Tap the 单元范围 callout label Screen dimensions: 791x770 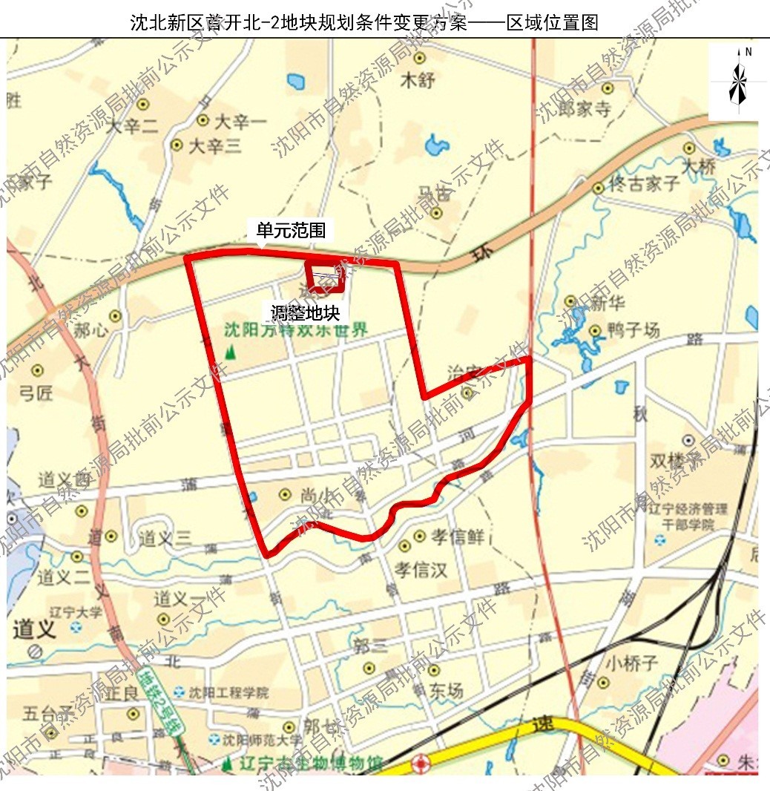tap(291, 231)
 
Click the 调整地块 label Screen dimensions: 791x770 tap(304, 312)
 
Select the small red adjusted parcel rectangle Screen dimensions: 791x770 tap(326, 276)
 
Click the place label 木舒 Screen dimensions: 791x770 tap(417, 80)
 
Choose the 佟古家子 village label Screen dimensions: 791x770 tap(644, 183)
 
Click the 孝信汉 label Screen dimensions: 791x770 tap(420, 570)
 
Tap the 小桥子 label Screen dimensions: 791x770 tap(631, 663)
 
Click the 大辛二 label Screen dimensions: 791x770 tap(132, 127)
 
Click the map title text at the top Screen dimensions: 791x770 tap(364, 23)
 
